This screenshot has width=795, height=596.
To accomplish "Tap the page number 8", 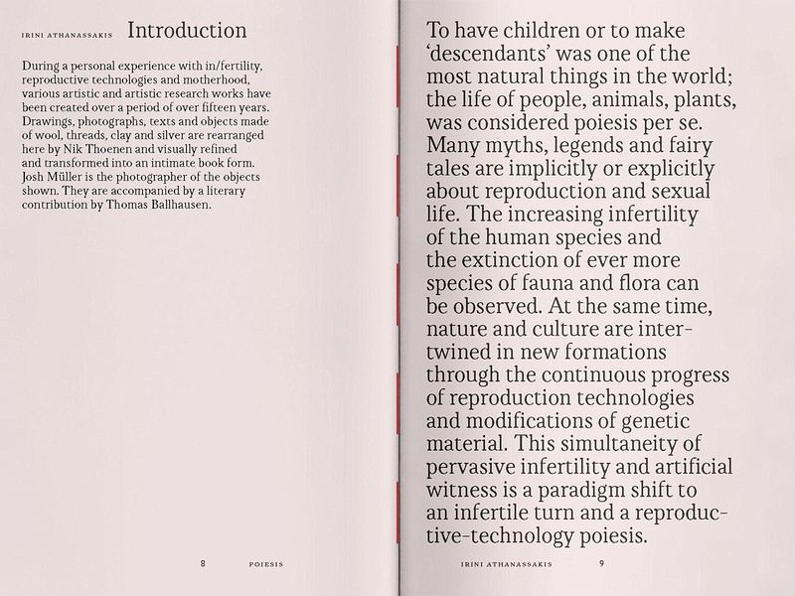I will [x=203, y=563].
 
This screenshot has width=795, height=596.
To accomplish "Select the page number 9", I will [x=601, y=563].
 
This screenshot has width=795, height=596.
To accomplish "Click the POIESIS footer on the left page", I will [x=265, y=564].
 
